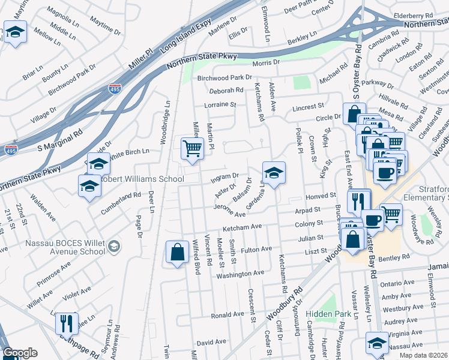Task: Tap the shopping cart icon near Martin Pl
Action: pos(191,148)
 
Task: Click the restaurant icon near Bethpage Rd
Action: pos(67,323)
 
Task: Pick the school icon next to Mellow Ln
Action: pos(15,32)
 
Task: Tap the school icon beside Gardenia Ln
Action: pos(274,173)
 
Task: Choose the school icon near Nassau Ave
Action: pos(378,344)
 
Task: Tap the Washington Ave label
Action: pos(240,273)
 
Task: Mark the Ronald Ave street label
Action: pos(227,314)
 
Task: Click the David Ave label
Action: pos(211,342)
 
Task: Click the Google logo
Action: pos(20,353)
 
